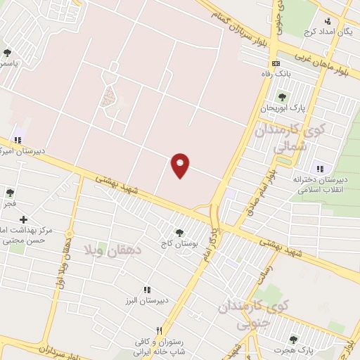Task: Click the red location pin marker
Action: tap(181, 165)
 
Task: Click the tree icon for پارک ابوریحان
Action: tap(281, 97)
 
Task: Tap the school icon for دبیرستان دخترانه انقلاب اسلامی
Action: tap(321, 168)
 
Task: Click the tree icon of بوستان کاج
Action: tap(179, 233)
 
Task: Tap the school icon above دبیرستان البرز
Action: tap(147, 290)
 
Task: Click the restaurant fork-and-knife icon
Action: tap(160, 330)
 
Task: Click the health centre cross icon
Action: tap(23, 220)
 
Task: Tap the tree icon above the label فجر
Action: tap(10, 193)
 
